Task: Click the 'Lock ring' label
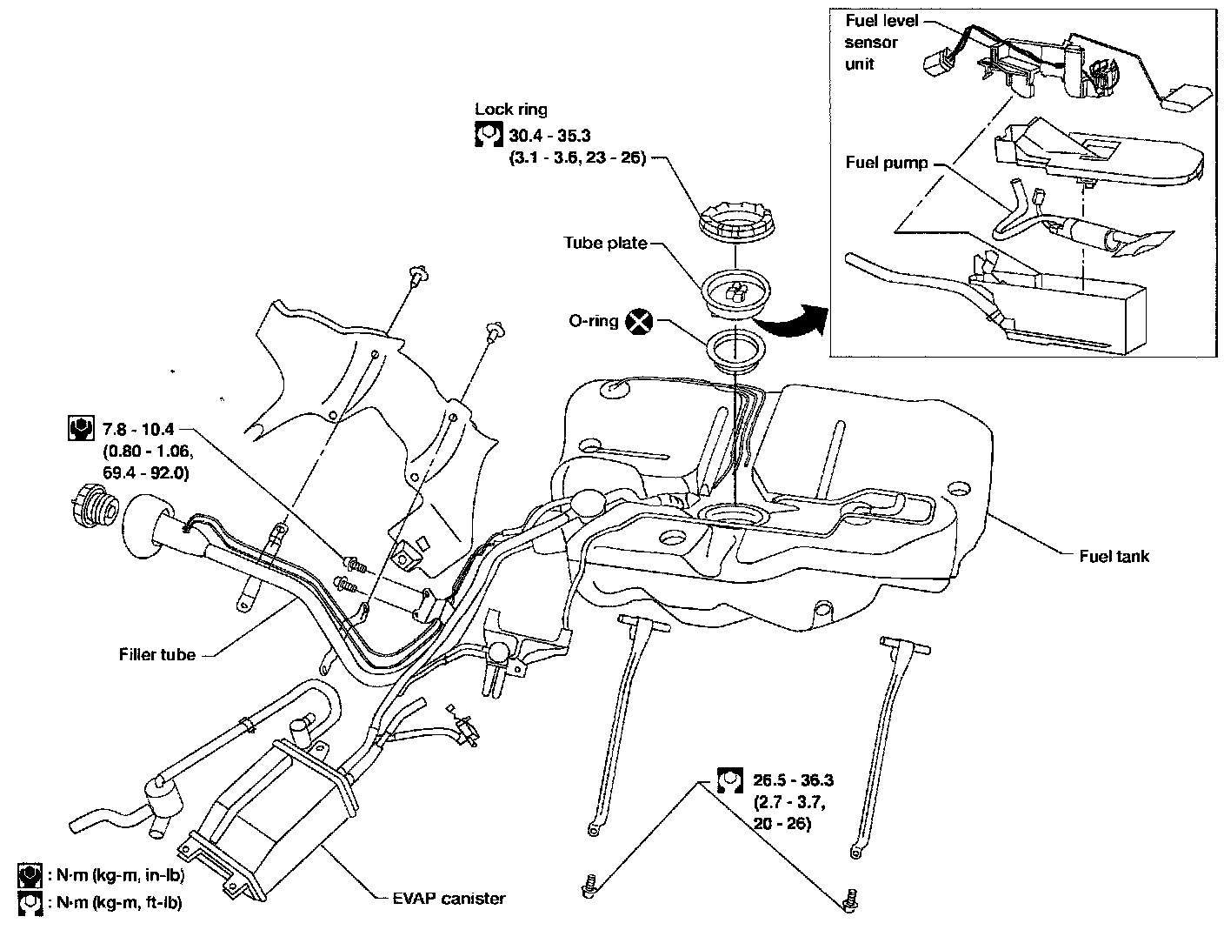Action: click(x=511, y=110)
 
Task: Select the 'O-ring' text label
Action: click(x=593, y=321)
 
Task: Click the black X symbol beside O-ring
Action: click(x=640, y=322)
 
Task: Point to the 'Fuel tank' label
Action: click(x=1114, y=556)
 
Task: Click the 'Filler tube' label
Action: click(x=157, y=654)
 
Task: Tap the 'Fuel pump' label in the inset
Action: click(x=886, y=163)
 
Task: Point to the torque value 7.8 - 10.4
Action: click(x=138, y=429)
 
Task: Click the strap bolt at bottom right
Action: click(x=848, y=901)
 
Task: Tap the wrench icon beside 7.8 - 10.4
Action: click(x=80, y=429)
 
